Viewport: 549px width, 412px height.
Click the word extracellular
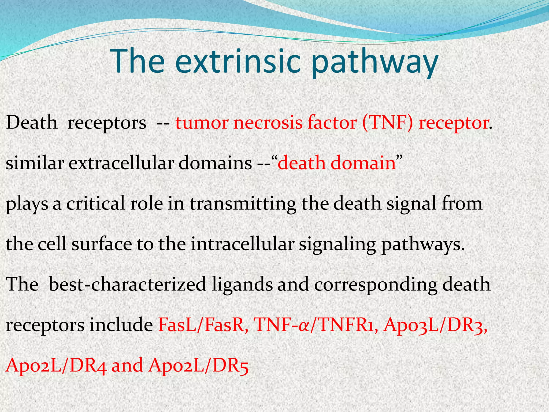point(121,163)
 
